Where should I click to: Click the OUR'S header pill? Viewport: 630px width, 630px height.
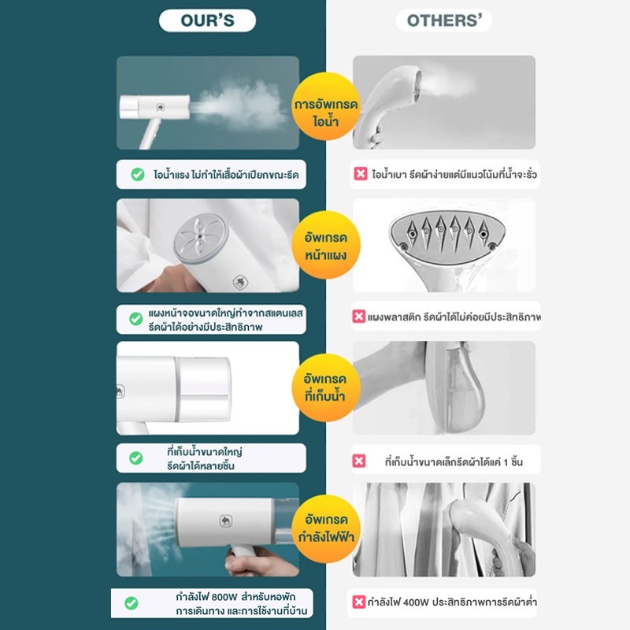point(207,20)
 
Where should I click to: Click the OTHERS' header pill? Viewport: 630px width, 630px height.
point(444,20)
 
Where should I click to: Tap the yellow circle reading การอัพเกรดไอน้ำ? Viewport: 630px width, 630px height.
point(326,106)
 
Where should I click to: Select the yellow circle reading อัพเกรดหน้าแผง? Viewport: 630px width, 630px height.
point(326,245)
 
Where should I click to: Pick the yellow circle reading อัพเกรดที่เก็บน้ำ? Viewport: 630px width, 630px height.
point(326,387)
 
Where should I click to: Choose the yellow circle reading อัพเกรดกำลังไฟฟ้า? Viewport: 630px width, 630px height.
point(326,528)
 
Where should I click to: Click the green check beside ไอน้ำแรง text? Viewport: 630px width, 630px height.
point(138,174)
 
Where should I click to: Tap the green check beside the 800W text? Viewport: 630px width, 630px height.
point(132,602)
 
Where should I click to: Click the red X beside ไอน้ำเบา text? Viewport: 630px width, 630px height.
point(361,174)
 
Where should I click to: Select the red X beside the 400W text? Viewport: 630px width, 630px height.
point(359,602)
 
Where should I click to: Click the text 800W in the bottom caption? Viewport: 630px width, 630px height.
point(224,597)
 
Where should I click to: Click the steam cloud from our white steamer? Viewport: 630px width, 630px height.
point(240,106)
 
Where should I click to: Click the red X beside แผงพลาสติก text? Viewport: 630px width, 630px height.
point(359,317)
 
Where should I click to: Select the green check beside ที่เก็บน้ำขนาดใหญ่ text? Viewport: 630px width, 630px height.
point(136,458)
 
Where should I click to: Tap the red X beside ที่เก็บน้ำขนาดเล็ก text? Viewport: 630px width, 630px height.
point(359,461)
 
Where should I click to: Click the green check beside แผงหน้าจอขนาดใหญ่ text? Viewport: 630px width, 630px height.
point(136,319)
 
